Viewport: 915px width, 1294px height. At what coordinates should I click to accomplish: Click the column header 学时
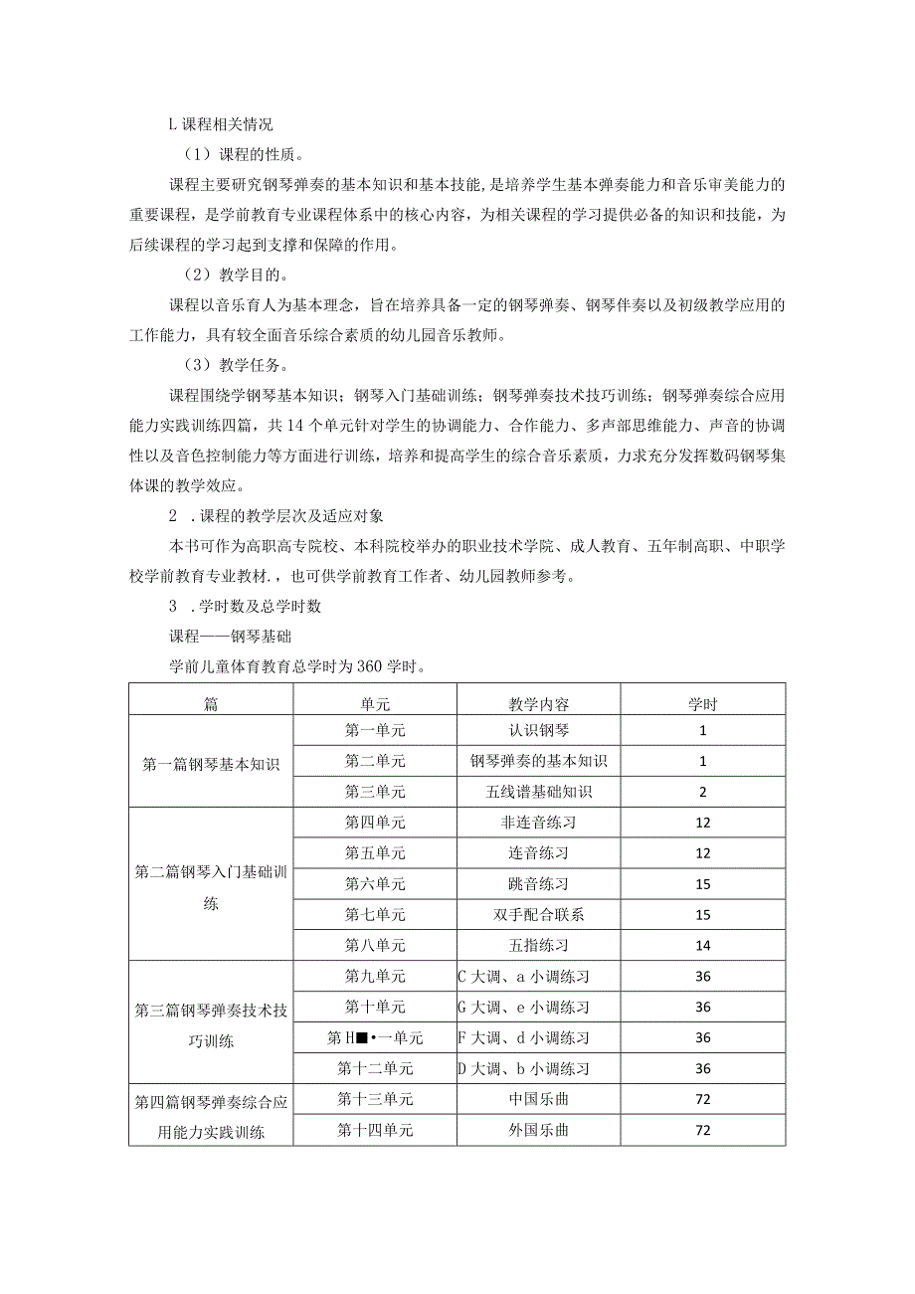click(703, 704)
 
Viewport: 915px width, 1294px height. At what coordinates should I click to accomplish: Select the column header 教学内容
click(538, 704)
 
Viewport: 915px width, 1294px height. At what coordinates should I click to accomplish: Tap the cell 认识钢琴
click(538, 730)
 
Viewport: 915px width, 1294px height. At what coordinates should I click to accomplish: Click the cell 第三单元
click(375, 792)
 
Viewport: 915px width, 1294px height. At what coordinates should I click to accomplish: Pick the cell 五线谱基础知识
click(538, 792)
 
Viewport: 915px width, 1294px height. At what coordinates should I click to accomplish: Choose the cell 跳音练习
click(538, 884)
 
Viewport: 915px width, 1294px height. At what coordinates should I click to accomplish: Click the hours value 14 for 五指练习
click(703, 946)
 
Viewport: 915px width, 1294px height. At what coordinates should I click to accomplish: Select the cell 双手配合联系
click(538, 915)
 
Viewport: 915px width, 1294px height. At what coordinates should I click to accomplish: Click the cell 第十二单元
click(375, 1069)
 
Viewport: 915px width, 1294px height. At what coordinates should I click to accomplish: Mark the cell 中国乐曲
click(538, 1099)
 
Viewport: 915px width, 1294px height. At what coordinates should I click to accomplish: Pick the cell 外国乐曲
click(538, 1131)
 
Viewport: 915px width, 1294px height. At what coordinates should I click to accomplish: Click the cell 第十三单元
click(375, 1099)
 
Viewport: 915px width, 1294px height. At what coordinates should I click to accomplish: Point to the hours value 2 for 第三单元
click(703, 793)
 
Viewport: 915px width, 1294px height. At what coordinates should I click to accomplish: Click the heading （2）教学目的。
click(243, 275)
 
